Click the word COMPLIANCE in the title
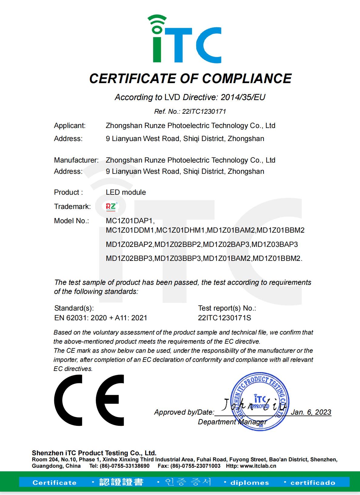point(247,79)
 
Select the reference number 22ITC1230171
point(204,111)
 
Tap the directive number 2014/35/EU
point(243,97)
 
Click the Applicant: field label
point(70,126)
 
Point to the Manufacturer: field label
point(76,160)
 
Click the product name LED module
point(126,192)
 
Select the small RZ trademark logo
point(111,207)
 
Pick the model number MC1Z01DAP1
point(130,221)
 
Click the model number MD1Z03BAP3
point(275,244)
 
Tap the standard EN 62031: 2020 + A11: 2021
point(101,318)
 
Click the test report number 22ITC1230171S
point(224,318)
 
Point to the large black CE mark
point(89,400)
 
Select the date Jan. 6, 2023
point(311,412)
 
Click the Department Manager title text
point(232,422)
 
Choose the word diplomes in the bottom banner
point(249,483)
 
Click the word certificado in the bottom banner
point(313,483)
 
